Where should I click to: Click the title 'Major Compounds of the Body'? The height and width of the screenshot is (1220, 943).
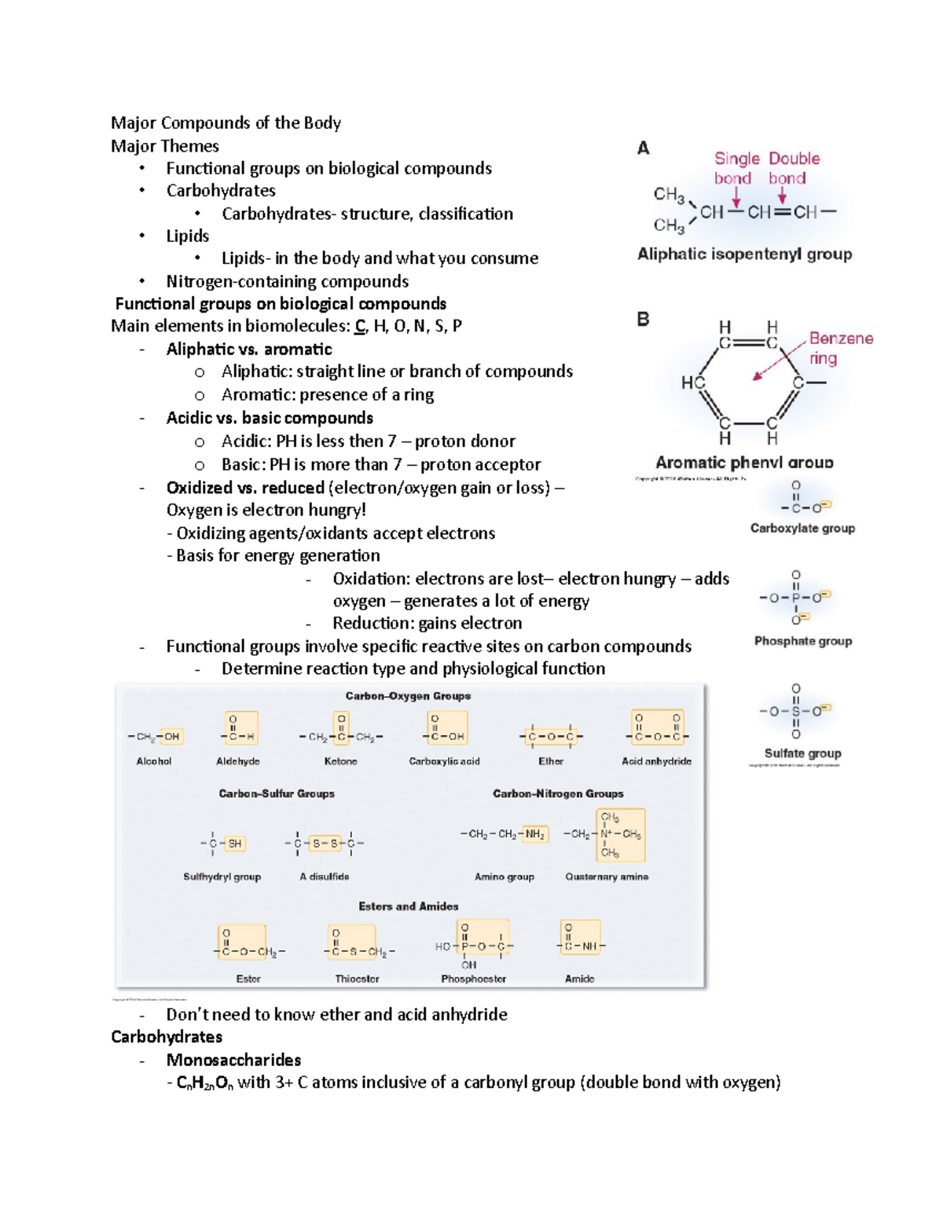coord(226,123)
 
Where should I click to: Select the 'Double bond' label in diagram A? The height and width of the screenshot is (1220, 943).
coord(793,168)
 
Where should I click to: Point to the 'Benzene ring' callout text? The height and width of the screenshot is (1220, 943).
coord(839,347)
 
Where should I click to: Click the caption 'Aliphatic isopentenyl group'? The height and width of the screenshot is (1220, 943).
coord(744,254)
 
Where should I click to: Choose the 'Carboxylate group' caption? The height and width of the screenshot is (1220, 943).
coord(802,528)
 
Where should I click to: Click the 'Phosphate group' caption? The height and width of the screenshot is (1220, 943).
coord(802,640)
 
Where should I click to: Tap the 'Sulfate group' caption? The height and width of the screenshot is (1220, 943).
coord(802,753)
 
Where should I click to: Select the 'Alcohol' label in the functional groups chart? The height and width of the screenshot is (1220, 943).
coord(154,760)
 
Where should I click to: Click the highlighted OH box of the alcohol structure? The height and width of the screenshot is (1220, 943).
coord(171,736)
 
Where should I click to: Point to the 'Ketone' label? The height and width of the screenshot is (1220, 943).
coord(340,760)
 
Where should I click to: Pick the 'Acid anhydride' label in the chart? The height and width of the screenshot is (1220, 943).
coord(656,760)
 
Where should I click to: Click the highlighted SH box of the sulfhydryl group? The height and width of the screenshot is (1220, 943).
coord(234,843)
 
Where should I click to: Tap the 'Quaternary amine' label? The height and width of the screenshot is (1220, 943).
coord(607,876)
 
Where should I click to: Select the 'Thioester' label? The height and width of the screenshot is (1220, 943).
coord(357,978)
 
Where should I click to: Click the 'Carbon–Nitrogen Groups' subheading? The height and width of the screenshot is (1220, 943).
coord(558,793)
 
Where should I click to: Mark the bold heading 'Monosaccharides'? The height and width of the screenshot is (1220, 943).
coord(233,1059)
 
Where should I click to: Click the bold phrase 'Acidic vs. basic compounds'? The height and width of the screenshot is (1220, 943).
coord(270,418)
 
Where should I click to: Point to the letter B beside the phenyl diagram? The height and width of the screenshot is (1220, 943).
coord(643,319)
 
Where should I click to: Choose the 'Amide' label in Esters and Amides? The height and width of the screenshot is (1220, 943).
coord(579,978)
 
